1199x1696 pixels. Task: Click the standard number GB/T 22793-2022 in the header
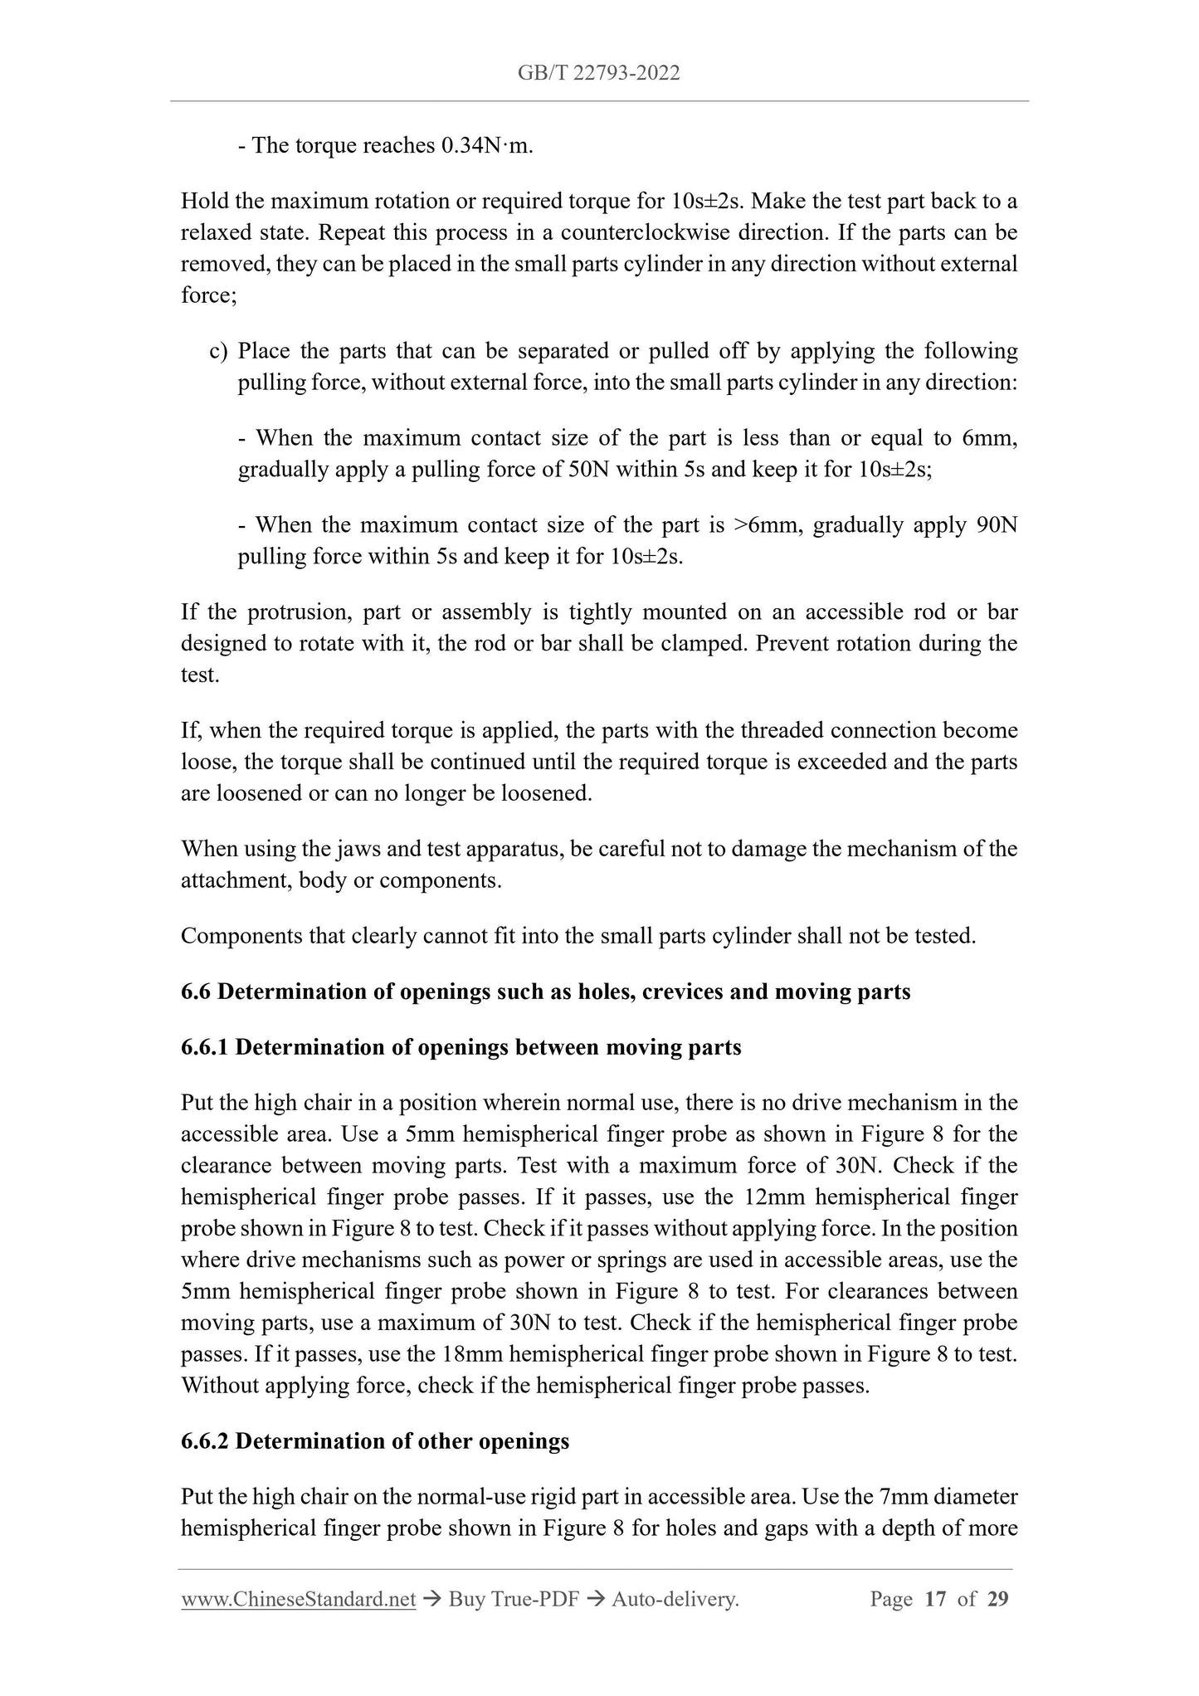(598, 73)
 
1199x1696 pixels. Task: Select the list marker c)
(218, 352)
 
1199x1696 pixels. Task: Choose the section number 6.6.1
(205, 1047)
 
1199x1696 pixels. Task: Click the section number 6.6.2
(205, 1441)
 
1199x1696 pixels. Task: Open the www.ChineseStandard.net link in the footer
(298, 1599)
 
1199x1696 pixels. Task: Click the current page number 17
(935, 1599)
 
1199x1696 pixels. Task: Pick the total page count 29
(997, 1599)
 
